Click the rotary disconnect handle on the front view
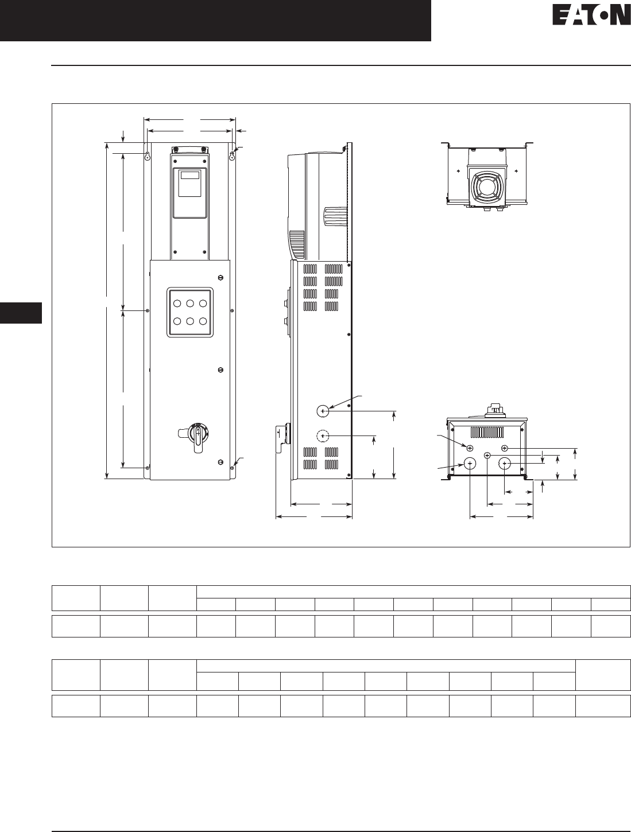coord(195,437)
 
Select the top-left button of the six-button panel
coord(177,303)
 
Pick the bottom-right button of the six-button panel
coord(203,321)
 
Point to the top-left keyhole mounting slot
coord(147,156)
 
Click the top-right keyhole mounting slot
coord(232,156)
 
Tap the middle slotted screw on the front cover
coord(220,370)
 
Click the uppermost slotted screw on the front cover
coord(220,278)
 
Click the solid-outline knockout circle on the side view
coord(323,411)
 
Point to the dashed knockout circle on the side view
coord(323,436)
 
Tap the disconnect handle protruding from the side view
coord(280,439)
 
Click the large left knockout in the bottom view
coord(470,463)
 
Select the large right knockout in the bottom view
coord(504,463)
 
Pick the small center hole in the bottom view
coord(487,455)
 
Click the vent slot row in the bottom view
coord(487,432)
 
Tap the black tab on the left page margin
coord(21,313)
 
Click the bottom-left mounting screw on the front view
coord(147,468)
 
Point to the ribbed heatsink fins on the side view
coord(335,216)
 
